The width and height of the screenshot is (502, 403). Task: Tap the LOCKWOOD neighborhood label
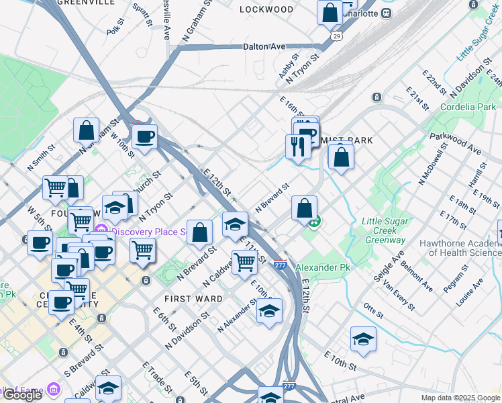click(x=266, y=9)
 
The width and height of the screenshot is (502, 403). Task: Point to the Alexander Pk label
click(x=323, y=267)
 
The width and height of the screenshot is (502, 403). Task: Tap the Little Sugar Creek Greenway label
click(x=383, y=230)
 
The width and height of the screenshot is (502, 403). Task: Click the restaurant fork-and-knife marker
click(x=298, y=146)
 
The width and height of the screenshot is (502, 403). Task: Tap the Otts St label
click(x=372, y=312)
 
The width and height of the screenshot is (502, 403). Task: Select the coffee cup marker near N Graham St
click(x=144, y=137)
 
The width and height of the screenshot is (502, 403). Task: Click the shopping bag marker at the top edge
click(x=330, y=12)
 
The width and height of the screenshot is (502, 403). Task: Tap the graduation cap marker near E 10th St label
click(x=363, y=339)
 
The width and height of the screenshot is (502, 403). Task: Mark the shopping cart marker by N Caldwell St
click(x=244, y=262)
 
